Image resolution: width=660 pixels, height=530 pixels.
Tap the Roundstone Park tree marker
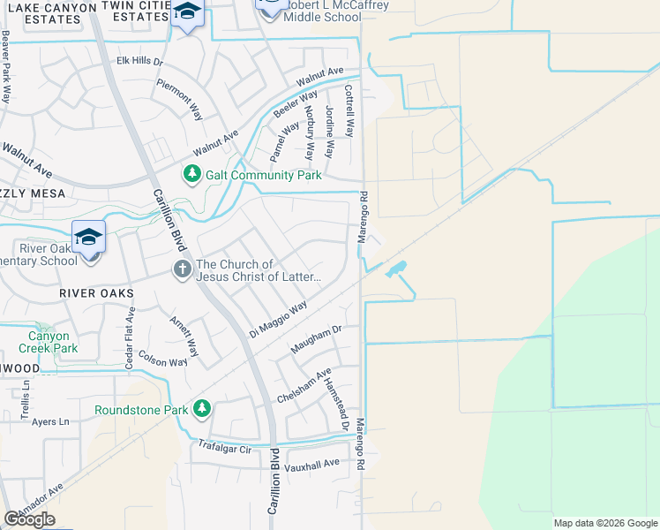pyautogui.click(x=202, y=409)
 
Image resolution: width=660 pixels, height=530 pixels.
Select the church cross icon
pyautogui.click(x=182, y=269)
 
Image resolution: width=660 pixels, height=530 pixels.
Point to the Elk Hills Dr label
pyautogui.click(x=140, y=62)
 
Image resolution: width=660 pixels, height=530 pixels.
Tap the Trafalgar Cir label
pyautogui.click(x=225, y=447)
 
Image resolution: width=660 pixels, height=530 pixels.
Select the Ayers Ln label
pyautogui.click(x=49, y=421)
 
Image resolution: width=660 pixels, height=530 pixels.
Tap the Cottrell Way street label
pyautogui.click(x=349, y=110)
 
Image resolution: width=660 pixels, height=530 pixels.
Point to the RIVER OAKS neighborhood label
pyautogui.click(x=96, y=292)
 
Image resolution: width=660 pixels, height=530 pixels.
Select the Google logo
pyautogui.click(x=29, y=519)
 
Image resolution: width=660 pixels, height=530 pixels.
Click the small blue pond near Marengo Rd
pyautogui.click(x=396, y=267)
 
